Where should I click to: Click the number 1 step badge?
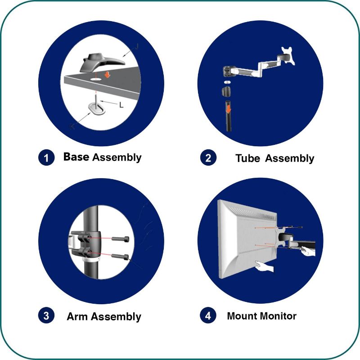click(x=46, y=157)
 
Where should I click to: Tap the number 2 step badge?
click(x=208, y=157)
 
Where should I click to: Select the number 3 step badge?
click(x=46, y=315)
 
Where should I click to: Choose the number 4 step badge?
click(x=208, y=315)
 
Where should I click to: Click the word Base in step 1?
click(x=76, y=157)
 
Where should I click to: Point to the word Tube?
click(x=248, y=158)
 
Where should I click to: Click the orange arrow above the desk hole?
click(x=107, y=74)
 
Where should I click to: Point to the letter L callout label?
click(x=121, y=105)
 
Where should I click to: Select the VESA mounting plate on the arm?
click(x=288, y=56)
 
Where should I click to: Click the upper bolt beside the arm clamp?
click(x=120, y=239)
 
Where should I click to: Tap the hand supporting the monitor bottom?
click(x=264, y=266)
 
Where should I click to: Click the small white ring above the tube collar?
click(x=227, y=82)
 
